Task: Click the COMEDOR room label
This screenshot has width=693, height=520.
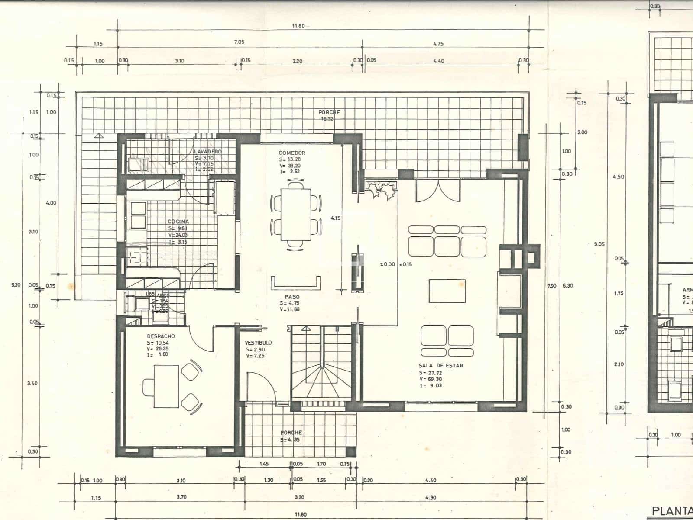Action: click(x=292, y=153)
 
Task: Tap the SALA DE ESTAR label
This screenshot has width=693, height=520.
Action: click(x=440, y=366)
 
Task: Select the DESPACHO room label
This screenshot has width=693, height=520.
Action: click(x=161, y=336)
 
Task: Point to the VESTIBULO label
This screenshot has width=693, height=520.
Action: click(x=258, y=343)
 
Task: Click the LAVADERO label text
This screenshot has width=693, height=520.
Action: click(x=207, y=152)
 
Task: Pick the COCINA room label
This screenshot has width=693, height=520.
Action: click(x=178, y=222)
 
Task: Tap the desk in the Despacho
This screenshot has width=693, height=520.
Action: click(x=167, y=386)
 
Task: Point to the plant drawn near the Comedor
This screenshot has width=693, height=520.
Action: click(x=382, y=190)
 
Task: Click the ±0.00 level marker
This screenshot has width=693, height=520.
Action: click(x=388, y=264)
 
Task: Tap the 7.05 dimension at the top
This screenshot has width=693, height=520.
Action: click(x=239, y=42)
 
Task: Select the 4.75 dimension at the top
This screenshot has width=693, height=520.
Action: click(x=438, y=44)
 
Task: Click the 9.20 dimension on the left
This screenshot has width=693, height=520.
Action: click(x=16, y=285)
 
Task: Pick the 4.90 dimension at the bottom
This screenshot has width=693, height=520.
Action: click(x=430, y=497)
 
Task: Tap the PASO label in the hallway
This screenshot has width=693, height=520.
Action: click(x=292, y=297)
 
